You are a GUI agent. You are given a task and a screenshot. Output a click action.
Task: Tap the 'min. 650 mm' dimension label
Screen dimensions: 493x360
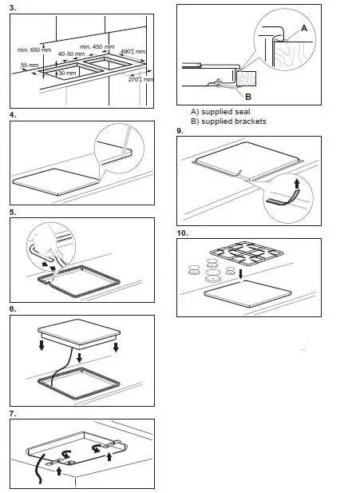pyautogui.click(x=34, y=50)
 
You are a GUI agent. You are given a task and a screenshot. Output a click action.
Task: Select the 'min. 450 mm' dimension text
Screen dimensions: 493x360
pyautogui.click(x=97, y=46)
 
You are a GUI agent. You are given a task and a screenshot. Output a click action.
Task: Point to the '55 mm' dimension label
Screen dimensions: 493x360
pyautogui.click(x=30, y=64)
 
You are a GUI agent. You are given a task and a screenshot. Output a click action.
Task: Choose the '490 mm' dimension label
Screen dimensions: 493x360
pyautogui.click(x=133, y=52)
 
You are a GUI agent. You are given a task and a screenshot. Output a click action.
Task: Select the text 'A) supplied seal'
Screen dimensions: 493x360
pyautogui.click(x=220, y=112)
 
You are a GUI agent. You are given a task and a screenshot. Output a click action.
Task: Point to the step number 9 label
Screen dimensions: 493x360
pyautogui.click(x=180, y=130)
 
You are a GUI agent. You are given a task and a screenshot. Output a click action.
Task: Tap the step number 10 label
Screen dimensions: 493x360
pyautogui.click(x=183, y=233)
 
